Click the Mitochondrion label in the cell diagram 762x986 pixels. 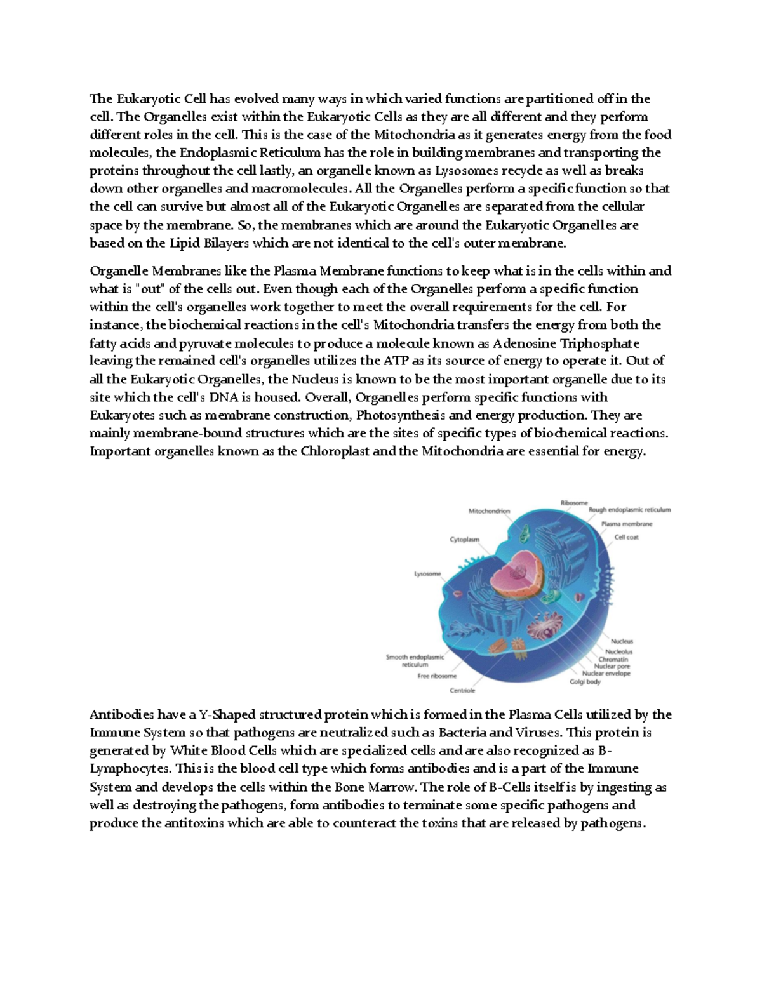coord(489,511)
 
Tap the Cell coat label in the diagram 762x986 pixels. coord(626,537)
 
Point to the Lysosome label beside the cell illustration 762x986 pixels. coord(427,574)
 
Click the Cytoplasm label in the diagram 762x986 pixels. coord(465,540)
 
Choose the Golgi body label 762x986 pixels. coord(585,681)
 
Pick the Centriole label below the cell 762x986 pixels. coord(462,690)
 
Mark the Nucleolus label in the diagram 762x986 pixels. coord(618,651)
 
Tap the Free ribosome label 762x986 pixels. coord(432,676)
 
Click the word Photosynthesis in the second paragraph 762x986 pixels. coord(395,416)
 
